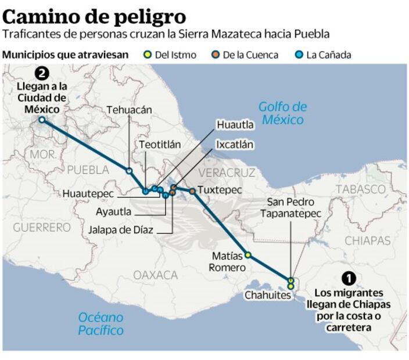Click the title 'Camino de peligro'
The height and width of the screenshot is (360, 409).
[94, 15]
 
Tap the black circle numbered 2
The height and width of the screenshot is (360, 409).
[41, 74]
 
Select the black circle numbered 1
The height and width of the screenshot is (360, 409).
[349, 279]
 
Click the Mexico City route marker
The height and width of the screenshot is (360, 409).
[42, 120]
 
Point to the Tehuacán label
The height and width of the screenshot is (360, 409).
[129, 110]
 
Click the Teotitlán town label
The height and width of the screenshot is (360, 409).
[160, 145]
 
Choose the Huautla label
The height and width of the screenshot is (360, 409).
[235, 124]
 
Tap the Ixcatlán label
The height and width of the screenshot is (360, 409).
[234, 144]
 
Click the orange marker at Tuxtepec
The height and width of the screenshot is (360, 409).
[192, 191]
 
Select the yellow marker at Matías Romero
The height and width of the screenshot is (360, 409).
[248, 255]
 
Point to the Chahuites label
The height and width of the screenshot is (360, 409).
[267, 295]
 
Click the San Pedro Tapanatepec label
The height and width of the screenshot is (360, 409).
[290, 208]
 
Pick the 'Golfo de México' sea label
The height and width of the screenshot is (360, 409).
[282, 113]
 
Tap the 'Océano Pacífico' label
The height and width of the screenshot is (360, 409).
[101, 323]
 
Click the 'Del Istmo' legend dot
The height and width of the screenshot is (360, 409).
[148, 55]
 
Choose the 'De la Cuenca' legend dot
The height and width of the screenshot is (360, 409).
[214, 55]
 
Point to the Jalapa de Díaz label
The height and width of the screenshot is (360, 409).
[121, 230]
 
